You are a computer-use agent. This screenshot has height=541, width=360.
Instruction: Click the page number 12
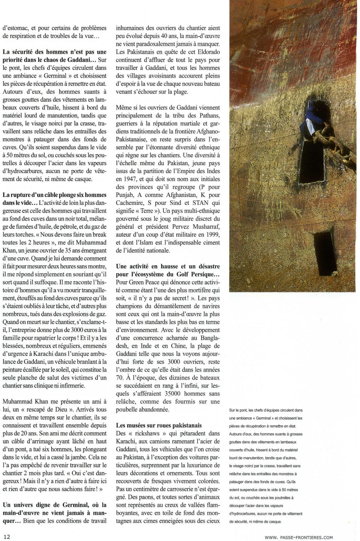coord(7,536)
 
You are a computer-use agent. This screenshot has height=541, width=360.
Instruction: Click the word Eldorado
coord(206,52)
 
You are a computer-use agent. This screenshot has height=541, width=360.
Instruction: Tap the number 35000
coord(165,394)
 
